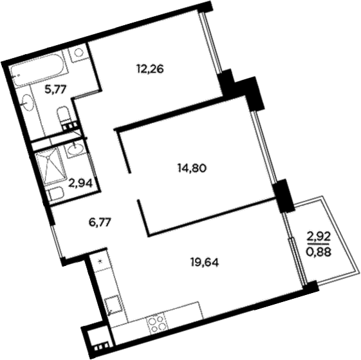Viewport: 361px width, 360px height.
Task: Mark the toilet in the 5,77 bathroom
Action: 65,117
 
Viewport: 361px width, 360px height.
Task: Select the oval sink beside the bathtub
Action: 27,100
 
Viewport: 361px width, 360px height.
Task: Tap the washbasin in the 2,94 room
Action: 75,149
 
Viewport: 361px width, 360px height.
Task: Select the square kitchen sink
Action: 113,303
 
